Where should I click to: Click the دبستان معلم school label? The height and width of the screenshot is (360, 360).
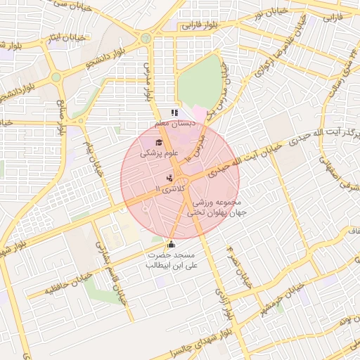pyautogui.click(x=175, y=124)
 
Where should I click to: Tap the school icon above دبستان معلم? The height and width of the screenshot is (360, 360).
pyautogui.click(x=174, y=112)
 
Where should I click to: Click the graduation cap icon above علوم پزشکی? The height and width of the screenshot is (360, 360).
pyautogui.click(x=157, y=143)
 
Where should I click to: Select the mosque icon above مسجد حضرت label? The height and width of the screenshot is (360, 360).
pyautogui.click(x=171, y=244)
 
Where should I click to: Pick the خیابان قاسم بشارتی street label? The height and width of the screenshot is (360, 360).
pyautogui.click(x=110, y=275)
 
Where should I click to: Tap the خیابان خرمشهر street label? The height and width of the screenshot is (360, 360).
pyautogui.click(x=284, y=301)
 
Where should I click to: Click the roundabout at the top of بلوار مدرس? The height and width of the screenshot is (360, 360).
pyautogui.click(x=146, y=38)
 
